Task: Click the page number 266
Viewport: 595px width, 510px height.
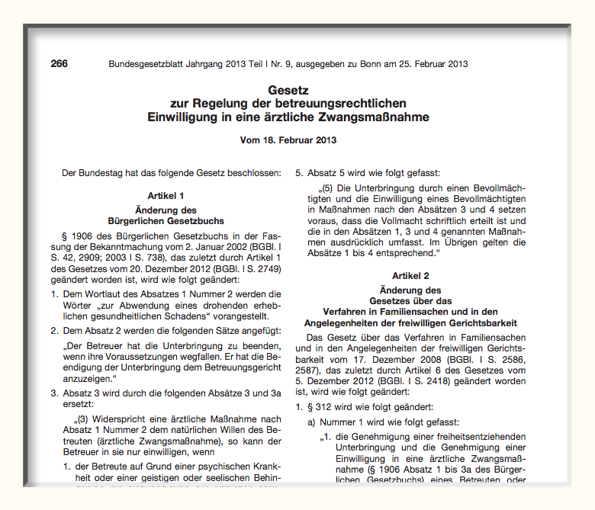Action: point(59,64)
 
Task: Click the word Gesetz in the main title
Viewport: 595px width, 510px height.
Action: point(288,90)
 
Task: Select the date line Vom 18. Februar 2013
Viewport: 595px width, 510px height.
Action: point(288,140)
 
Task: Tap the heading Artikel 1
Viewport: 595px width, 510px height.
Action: point(166,196)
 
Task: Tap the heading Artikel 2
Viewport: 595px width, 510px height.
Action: point(410,275)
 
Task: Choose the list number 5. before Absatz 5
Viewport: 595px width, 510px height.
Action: point(300,173)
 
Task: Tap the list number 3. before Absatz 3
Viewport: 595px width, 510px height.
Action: point(55,394)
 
